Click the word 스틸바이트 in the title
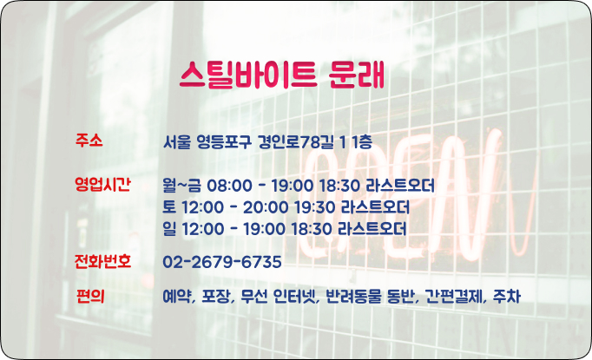[x=247, y=75]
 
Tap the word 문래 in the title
[x=357, y=75]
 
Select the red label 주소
[x=89, y=141]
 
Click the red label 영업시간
[x=102, y=184]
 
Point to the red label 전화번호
[x=102, y=261]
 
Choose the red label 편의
[x=90, y=296]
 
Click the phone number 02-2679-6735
[x=222, y=262]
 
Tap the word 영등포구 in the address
[x=224, y=142]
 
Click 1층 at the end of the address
[x=362, y=142]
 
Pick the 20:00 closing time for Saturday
[x=266, y=207]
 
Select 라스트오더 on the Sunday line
[x=372, y=229]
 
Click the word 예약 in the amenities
[x=178, y=297]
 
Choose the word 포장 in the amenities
[x=217, y=297]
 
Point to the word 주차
[x=507, y=297]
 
